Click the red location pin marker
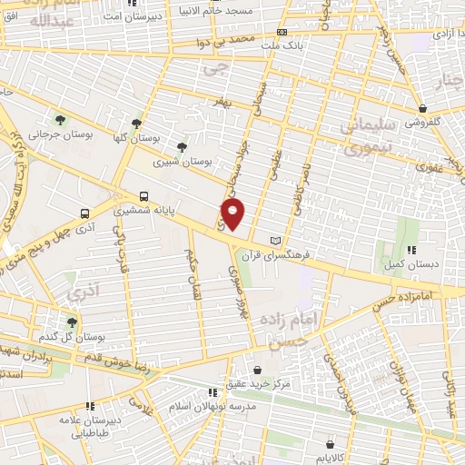point(233,214)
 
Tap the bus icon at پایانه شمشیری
point(144,196)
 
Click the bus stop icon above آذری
point(84,214)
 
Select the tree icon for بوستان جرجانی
point(60,120)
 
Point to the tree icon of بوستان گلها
point(136,124)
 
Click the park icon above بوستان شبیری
point(183,146)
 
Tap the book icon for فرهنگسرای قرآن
point(276,242)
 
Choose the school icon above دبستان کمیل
point(411,250)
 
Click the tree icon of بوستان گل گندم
point(72,322)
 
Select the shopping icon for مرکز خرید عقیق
point(258,371)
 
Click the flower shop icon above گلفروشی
point(422,107)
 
